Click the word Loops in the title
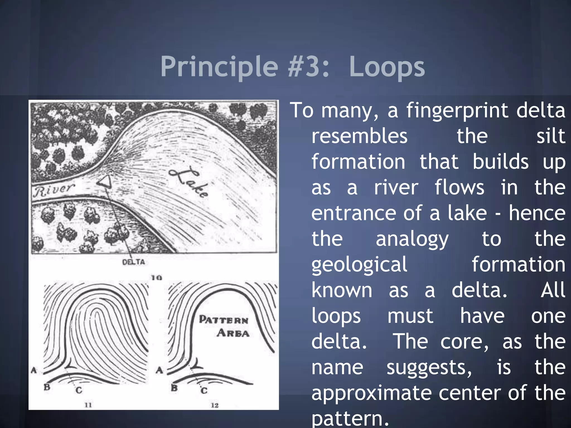click(x=387, y=67)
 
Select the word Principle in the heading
click(x=219, y=67)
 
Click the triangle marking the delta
click(x=105, y=182)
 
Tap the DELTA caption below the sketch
click(x=134, y=262)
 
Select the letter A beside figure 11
click(x=34, y=370)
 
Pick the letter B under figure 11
click(x=47, y=387)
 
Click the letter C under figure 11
click(x=79, y=390)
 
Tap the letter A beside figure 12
click(x=159, y=370)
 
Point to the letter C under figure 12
click(x=204, y=391)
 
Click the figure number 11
click(x=88, y=405)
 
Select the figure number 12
click(x=214, y=405)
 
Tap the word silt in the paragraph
click(x=551, y=136)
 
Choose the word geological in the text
click(x=359, y=265)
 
